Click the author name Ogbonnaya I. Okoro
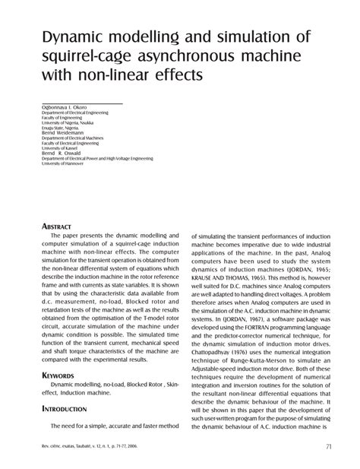click(63, 107)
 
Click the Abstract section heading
click(58, 226)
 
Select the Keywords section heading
click(58, 376)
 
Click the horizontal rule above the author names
click(81, 101)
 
